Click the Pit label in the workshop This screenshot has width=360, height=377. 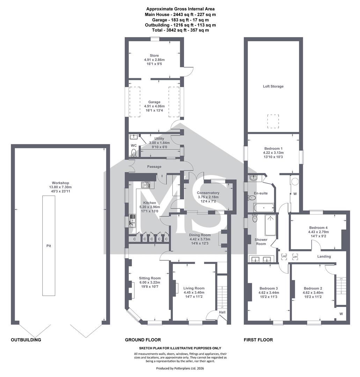(x=49, y=246)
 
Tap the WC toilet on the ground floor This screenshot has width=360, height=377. (x=133, y=152)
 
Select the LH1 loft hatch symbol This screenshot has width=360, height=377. (x=295, y=257)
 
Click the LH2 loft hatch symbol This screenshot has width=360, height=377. (x=284, y=257)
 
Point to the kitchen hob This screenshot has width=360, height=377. (x=146, y=185)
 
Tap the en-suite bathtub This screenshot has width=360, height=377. (x=263, y=207)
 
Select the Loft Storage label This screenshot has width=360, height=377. (x=273, y=86)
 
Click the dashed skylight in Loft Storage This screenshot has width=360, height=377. (x=273, y=121)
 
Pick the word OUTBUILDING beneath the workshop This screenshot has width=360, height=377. (x=26, y=340)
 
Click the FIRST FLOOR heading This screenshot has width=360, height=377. (x=258, y=340)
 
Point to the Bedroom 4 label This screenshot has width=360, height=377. (x=318, y=228)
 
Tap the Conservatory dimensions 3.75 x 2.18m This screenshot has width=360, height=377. (x=208, y=197)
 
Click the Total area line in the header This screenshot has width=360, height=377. (x=181, y=30)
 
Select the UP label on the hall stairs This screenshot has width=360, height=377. (x=222, y=307)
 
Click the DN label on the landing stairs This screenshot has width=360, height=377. (x=341, y=279)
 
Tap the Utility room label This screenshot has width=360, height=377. (x=159, y=139)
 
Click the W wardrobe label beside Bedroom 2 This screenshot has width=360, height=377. (x=341, y=314)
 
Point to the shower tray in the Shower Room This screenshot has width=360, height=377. (x=271, y=225)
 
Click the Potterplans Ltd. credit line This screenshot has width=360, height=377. (x=180, y=368)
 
